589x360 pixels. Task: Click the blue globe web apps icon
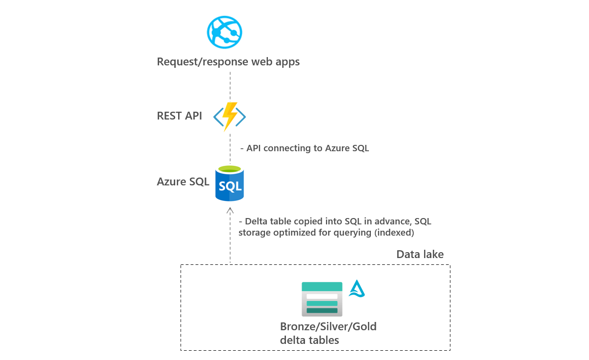coord(224,33)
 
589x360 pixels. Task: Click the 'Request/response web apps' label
coord(228,62)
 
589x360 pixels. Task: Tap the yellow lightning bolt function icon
coord(229,117)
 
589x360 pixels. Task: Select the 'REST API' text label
coord(179,116)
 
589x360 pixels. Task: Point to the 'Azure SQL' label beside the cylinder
coord(183,181)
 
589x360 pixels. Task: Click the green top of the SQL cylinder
coord(230,169)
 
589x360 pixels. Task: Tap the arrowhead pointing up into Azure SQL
coord(230,210)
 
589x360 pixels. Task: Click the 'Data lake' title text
coord(420,254)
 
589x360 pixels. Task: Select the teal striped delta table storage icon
coord(322,299)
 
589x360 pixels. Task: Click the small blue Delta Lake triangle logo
coord(357,289)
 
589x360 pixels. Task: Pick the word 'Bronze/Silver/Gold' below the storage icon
coord(328,326)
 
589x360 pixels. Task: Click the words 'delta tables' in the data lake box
coord(309,340)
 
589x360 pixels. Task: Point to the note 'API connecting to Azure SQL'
coord(307,148)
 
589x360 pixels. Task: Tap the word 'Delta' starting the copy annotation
coord(257,221)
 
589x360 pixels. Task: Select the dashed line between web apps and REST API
coord(230,85)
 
